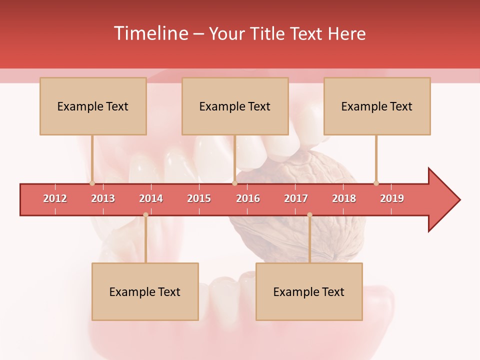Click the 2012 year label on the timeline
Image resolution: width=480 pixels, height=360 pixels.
point(55,198)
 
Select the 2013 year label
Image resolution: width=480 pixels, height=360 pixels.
point(103,198)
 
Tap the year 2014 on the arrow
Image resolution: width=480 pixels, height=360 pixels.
point(151,198)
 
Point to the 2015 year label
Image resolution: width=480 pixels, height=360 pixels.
point(199,198)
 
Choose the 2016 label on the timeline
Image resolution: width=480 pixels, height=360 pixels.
point(248,198)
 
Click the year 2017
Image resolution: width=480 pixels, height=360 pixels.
point(296,198)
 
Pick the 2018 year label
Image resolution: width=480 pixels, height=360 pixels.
point(344,198)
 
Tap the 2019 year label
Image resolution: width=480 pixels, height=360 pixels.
point(392,198)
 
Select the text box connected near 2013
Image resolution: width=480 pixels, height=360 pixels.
point(93,106)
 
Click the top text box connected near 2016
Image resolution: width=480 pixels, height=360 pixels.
point(235,106)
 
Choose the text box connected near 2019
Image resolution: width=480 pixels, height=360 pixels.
point(377,106)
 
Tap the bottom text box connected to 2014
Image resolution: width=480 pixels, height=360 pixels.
point(145,291)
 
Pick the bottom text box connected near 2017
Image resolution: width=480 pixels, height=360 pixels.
point(309,291)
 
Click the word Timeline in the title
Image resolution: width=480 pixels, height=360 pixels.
point(150,33)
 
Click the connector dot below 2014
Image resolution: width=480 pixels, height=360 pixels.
point(145,214)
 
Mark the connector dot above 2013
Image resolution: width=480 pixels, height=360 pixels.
point(92,183)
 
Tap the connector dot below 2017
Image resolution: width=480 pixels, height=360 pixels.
point(309,214)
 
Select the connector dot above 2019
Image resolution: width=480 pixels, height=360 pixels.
point(376,183)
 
